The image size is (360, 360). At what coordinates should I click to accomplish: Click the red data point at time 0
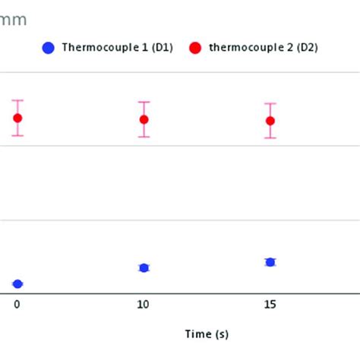pyautogui.click(x=17, y=118)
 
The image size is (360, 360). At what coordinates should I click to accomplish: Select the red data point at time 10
pyautogui.click(x=144, y=119)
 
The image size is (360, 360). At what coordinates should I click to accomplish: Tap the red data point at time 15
pyautogui.click(x=270, y=120)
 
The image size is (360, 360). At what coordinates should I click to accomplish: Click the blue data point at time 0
pyautogui.click(x=17, y=284)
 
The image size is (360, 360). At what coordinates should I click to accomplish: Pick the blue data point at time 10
pyautogui.click(x=144, y=267)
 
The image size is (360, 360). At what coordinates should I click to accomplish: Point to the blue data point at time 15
pyautogui.click(x=270, y=262)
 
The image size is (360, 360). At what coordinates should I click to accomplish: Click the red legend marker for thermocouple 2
pyautogui.click(x=195, y=48)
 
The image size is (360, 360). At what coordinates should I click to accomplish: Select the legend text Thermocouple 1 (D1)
pyautogui.click(x=118, y=48)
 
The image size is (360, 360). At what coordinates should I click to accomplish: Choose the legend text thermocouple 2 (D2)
pyautogui.click(x=263, y=48)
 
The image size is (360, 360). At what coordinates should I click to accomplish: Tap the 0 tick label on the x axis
pyautogui.click(x=17, y=305)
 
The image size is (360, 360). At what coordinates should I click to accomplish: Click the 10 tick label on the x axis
pyautogui.click(x=144, y=305)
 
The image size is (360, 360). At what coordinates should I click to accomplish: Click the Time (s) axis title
pyautogui.click(x=207, y=333)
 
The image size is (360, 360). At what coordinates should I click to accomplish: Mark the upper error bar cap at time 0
pyautogui.click(x=17, y=100)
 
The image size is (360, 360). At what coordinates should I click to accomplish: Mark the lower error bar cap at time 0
pyautogui.click(x=17, y=136)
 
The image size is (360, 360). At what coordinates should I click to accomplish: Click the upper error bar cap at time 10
pyautogui.click(x=144, y=102)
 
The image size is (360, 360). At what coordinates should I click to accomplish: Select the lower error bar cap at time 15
pyautogui.click(x=270, y=137)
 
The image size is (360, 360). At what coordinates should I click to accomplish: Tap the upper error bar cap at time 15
pyautogui.click(x=270, y=103)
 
